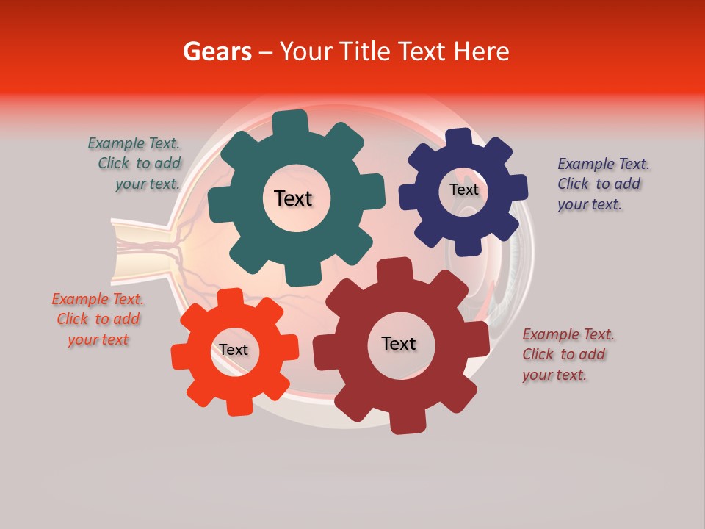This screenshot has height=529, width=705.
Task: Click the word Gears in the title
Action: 217,51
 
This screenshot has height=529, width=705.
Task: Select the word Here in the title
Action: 481,51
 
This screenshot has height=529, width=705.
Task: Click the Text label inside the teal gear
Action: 293,198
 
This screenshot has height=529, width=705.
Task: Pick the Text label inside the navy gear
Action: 463,190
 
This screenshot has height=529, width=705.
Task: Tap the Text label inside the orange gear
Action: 234,350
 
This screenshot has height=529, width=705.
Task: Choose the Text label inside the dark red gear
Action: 399,343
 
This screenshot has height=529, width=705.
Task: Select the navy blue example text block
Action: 602,184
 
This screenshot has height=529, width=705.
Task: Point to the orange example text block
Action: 98,319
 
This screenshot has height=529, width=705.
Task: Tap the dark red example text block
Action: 568,354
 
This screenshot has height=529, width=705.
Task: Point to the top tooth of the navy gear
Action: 459,137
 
